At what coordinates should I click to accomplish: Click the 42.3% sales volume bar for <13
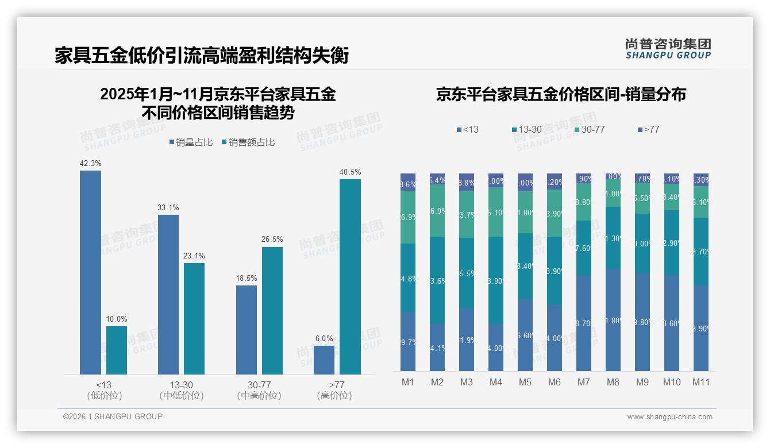[90, 272]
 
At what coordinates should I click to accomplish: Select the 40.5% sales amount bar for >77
[350, 277]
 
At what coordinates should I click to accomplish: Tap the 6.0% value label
[324, 338]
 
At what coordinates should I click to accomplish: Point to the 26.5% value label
[272, 240]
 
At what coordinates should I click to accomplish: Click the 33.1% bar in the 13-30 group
[168, 295]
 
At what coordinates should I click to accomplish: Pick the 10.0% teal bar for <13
[117, 350]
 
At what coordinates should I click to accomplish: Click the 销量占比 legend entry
[192, 142]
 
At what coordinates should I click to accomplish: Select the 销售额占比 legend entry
[248, 142]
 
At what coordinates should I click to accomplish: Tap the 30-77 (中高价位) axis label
[259, 390]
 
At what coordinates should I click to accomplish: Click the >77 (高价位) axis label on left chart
[334, 390]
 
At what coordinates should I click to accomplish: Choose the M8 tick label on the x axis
[613, 382]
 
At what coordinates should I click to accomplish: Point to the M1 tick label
[408, 382]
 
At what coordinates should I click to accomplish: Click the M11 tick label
[700, 382]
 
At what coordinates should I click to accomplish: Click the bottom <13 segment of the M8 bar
[613, 320]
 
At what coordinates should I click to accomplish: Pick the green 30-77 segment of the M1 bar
[408, 217]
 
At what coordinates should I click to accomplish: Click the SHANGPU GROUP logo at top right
[668, 49]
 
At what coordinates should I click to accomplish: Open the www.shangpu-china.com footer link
[669, 417]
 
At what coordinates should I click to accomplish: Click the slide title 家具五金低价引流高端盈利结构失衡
[202, 56]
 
